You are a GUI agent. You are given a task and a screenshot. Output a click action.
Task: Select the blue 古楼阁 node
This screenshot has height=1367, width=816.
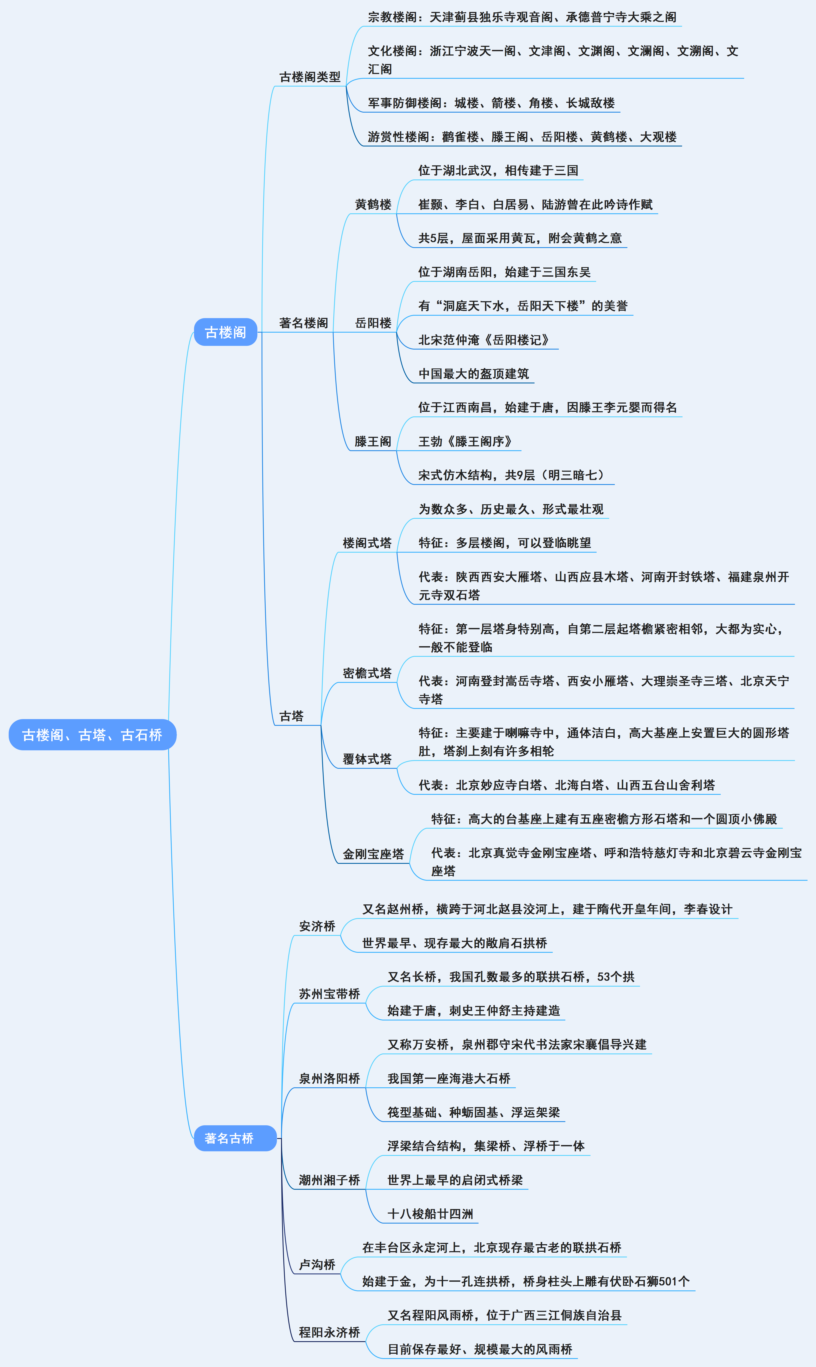225,332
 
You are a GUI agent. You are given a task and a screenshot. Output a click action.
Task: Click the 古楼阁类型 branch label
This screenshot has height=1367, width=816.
309,77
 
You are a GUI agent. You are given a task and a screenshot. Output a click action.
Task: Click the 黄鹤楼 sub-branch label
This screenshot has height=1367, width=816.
373,204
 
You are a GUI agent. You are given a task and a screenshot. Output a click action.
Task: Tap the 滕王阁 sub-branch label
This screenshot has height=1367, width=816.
373,441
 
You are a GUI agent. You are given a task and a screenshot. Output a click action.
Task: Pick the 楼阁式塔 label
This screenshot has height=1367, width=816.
367,543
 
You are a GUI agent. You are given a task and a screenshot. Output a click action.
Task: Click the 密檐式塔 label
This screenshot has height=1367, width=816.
367,673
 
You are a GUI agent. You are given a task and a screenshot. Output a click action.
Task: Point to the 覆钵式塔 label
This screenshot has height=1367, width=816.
367,759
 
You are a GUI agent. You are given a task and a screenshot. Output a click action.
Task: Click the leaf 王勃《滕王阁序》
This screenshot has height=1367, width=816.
465,441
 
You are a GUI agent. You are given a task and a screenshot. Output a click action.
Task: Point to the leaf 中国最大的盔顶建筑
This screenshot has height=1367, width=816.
474,374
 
